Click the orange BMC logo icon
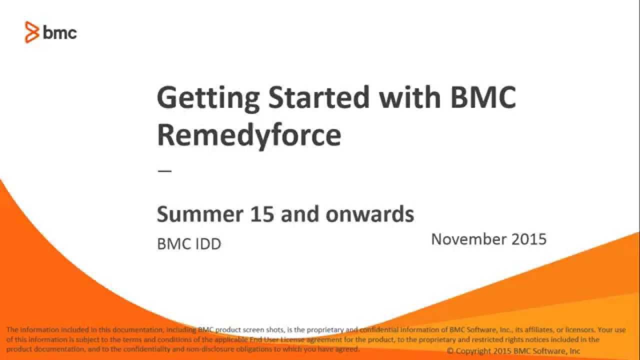32,32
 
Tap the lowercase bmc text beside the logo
60,33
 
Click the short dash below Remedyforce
164,171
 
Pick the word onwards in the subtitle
370,214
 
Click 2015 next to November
529,239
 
